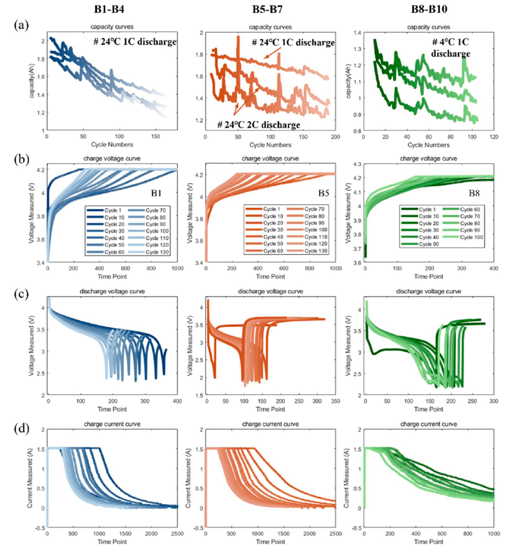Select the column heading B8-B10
pyautogui.click(x=429, y=10)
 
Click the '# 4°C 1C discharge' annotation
pyautogui.click(x=451, y=47)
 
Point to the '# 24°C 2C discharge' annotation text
pyautogui.click(x=258, y=125)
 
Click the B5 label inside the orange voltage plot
pyautogui.click(x=323, y=193)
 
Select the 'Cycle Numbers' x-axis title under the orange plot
pyautogui.click(x=270, y=145)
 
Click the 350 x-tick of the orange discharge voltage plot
pyautogui.click(x=336, y=401)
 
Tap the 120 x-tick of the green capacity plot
pyautogui.click(x=494, y=137)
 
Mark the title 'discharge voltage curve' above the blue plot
pyautogui.click(x=112, y=291)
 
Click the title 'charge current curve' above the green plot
pyautogui.click(x=429, y=424)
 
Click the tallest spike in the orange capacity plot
pyautogui.click(x=238, y=37)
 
